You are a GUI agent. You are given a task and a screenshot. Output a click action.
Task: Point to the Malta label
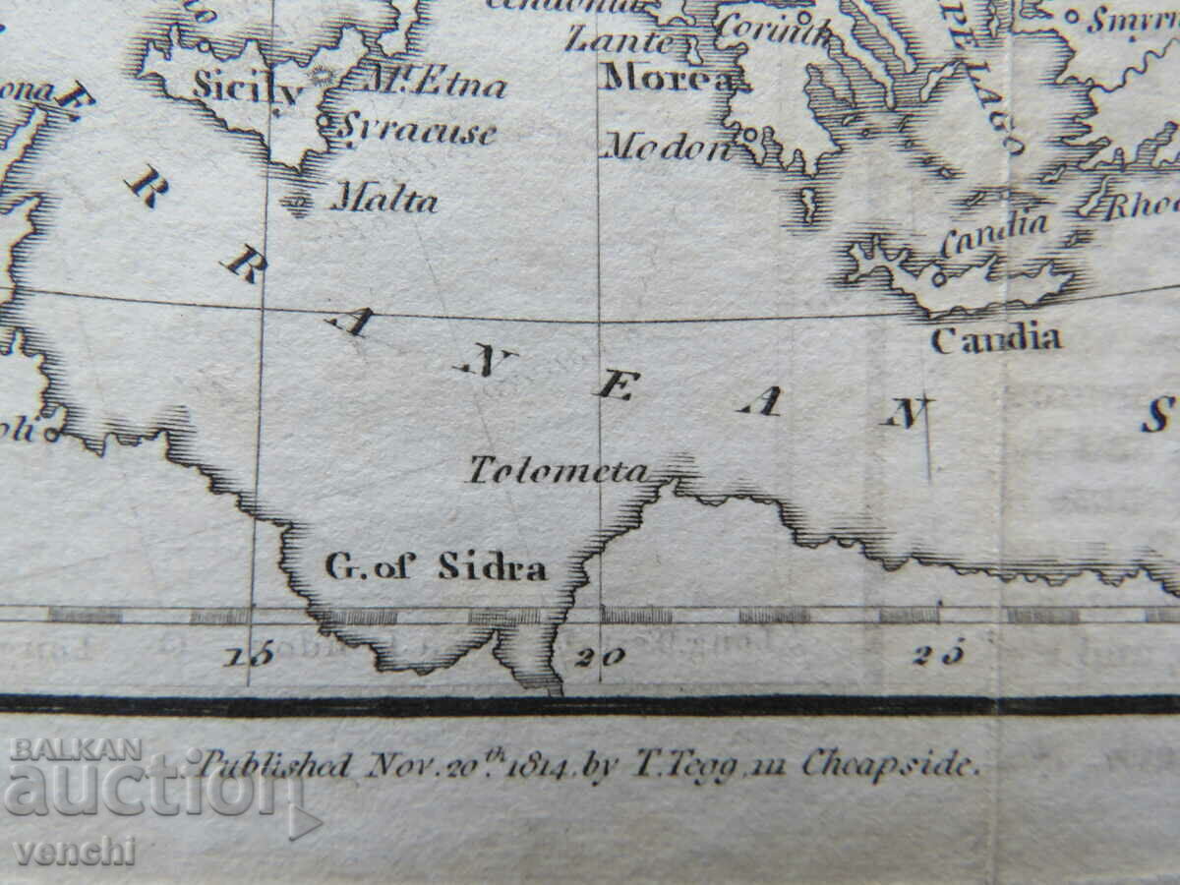[x=383, y=201]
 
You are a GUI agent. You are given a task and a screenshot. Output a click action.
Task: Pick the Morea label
[x=669, y=78]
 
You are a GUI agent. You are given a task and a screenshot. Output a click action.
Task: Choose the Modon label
[x=668, y=147]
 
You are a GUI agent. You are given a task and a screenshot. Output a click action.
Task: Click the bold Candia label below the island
[x=995, y=340]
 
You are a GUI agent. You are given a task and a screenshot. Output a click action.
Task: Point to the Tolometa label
[x=558, y=470]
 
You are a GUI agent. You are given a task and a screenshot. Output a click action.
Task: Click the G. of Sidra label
[x=436, y=567]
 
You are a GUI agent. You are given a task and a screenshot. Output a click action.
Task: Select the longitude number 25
[x=936, y=656]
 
